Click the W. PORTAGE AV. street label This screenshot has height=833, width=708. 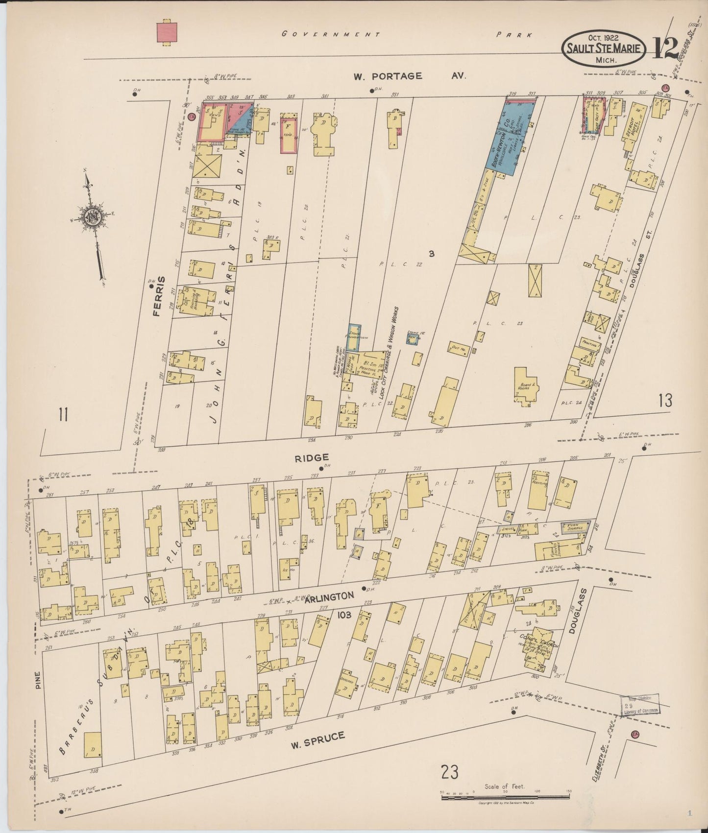pyautogui.click(x=409, y=76)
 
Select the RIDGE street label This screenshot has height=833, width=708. pyautogui.click(x=312, y=458)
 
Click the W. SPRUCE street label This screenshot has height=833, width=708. pyautogui.click(x=317, y=740)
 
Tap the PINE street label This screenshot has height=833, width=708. pyautogui.click(x=39, y=680)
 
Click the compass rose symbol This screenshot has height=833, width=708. pyautogui.click(x=93, y=219)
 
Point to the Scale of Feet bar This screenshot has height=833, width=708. pyautogui.click(x=505, y=798)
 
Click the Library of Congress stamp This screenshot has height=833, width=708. pyautogui.click(x=639, y=706)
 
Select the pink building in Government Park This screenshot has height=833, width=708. pyautogui.click(x=167, y=31)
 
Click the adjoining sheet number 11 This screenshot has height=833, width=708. pyautogui.click(x=63, y=415)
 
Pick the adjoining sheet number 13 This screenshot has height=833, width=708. pyautogui.click(x=665, y=401)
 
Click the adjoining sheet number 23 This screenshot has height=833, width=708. pyautogui.click(x=449, y=772)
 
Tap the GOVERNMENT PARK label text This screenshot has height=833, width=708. pyautogui.click(x=407, y=34)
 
